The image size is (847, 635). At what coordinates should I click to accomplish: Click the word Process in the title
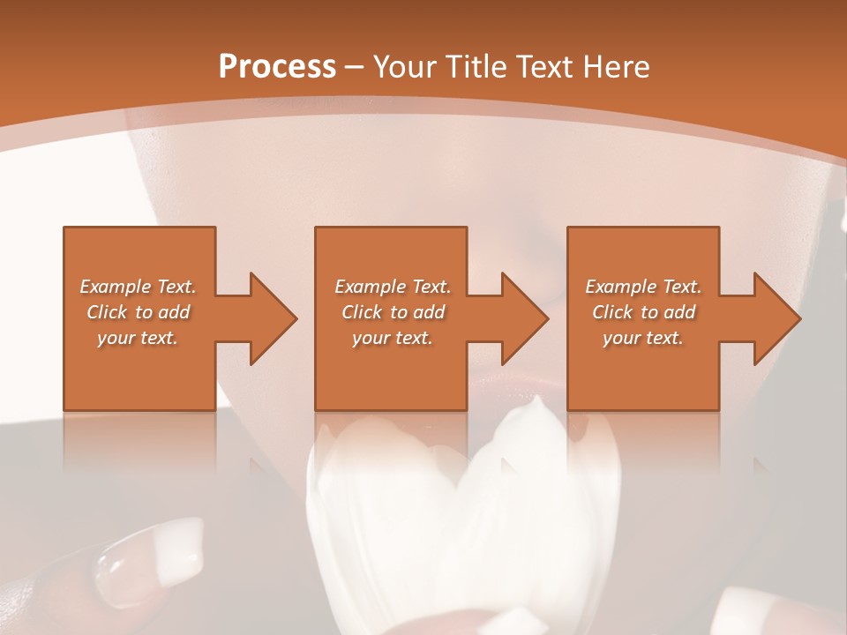click(277, 66)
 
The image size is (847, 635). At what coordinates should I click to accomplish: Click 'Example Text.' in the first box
click(138, 287)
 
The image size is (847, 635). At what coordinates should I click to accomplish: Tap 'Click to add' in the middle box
click(394, 312)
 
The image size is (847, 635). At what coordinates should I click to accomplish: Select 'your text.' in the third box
click(643, 338)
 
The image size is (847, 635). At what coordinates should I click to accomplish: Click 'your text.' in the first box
click(138, 338)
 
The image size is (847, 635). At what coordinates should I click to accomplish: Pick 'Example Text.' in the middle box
click(393, 287)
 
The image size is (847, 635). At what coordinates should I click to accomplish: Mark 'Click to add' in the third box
click(644, 312)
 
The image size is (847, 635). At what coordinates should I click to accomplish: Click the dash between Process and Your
click(355, 67)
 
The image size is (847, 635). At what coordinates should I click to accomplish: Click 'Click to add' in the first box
click(139, 312)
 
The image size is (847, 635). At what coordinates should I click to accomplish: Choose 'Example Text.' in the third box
click(643, 287)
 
